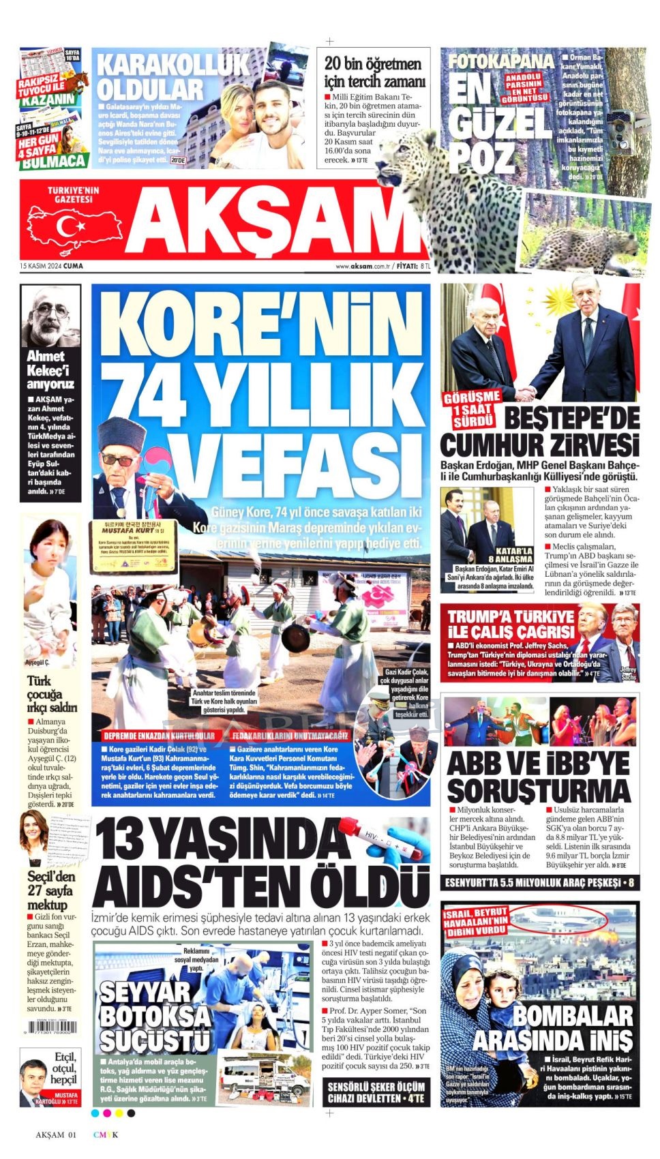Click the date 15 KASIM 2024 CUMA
point(52,266)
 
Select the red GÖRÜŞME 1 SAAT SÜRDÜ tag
point(472,408)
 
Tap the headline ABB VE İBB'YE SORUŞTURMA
point(539,777)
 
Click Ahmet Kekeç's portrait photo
point(50,316)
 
